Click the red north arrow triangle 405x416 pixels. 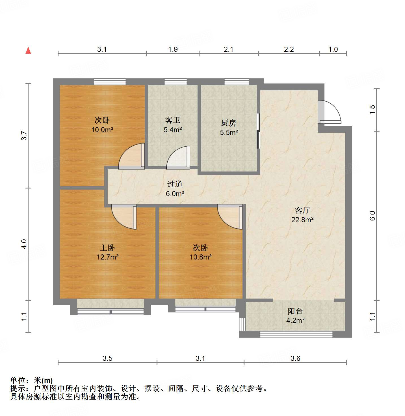point(28,51)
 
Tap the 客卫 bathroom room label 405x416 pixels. point(173,120)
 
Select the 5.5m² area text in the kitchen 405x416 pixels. point(229,132)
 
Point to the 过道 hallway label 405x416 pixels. point(175,184)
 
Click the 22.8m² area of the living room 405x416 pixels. point(302,220)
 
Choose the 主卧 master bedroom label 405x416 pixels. point(107,248)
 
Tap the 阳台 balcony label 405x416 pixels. point(295,311)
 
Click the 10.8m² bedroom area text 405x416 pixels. point(201,257)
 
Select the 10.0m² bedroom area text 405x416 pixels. point(102,130)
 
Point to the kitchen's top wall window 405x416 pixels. point(237,82)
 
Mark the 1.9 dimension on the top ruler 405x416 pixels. point(173,50)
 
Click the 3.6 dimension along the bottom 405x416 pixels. point(295,359)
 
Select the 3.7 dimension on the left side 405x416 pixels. point(25,136)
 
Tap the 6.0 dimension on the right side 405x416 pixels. point(372,216)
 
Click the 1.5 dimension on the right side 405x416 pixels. point(372,110)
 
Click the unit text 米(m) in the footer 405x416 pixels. point(43,380)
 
